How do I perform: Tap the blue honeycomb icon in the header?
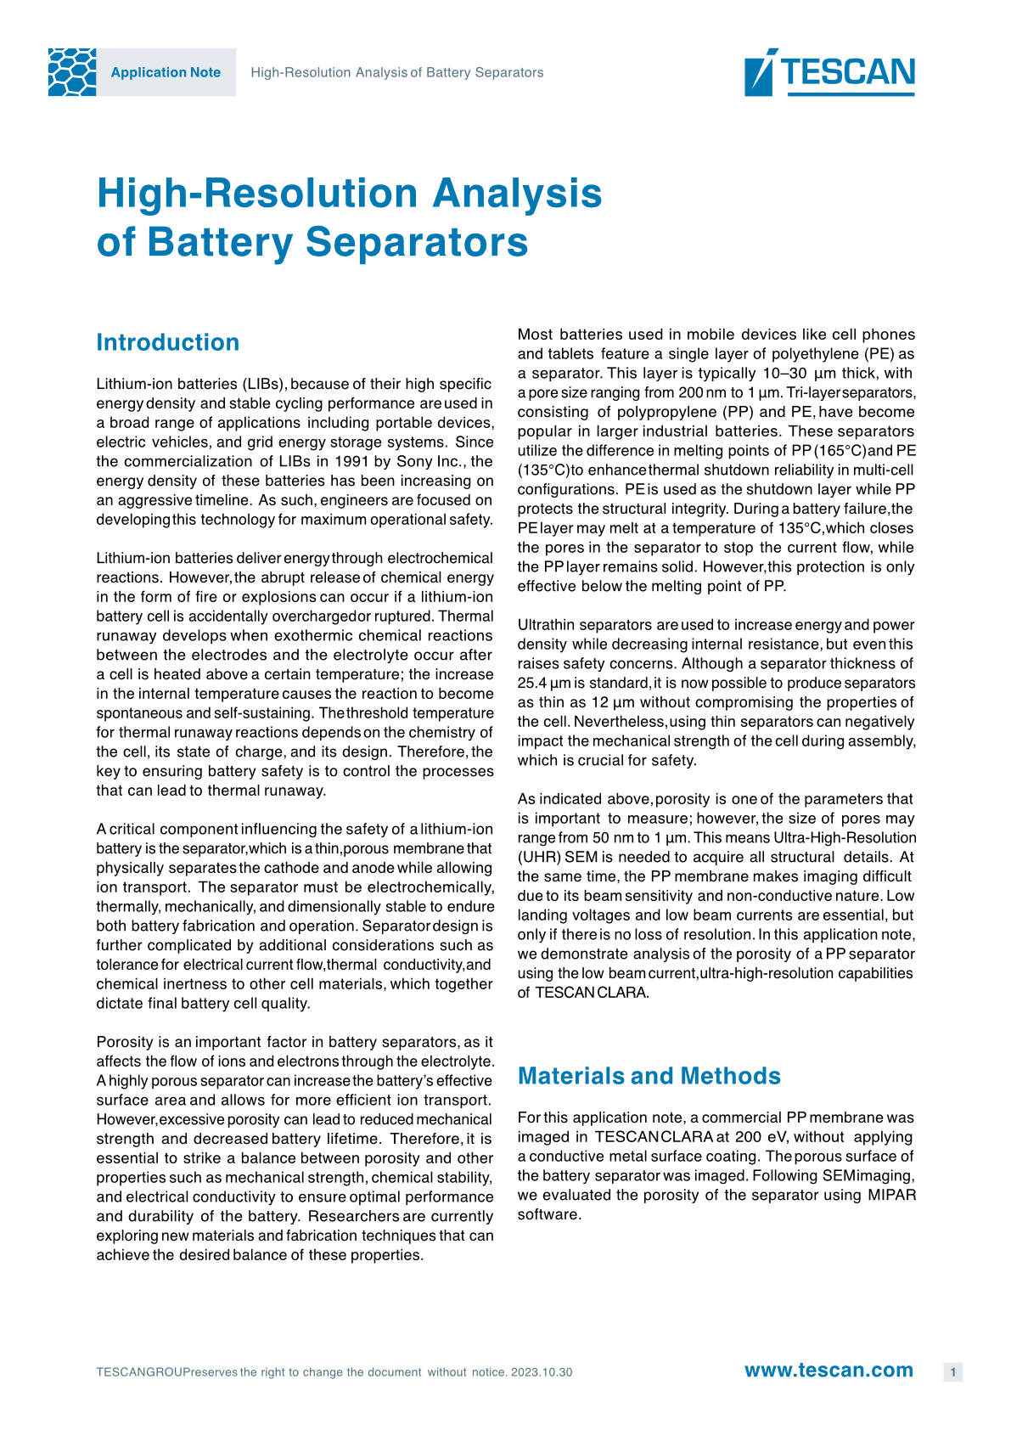coord(72,72)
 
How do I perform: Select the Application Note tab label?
coord(166,73)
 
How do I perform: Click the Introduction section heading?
coord(168,342)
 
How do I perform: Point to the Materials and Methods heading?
coord(649,1076)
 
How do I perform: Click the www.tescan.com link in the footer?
coord(828,1371)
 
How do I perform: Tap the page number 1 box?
coord(952,1372)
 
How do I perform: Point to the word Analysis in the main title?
coord(517,193)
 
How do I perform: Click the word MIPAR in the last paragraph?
coord(891,1195)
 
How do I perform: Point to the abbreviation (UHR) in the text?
coord(539,857)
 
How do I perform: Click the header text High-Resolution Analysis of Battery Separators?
coord(396,73)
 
